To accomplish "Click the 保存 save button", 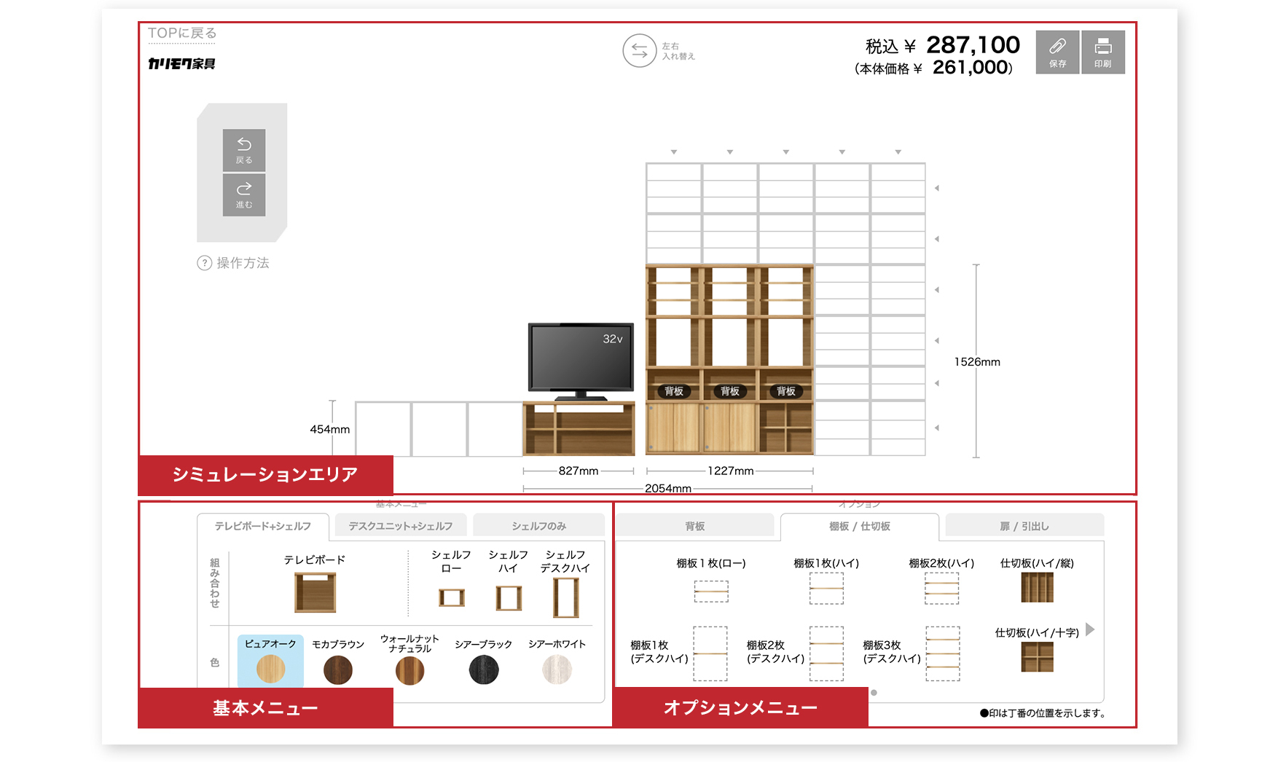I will pos(1057,52).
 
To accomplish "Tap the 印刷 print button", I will pos(1103,52).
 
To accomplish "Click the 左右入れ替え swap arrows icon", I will pos(640,51).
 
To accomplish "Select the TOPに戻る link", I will pos(182,34).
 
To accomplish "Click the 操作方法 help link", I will pos(234,263).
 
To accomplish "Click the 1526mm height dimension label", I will pos(977,362).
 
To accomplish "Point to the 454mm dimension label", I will pos(329,430).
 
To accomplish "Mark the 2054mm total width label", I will pos(667,488).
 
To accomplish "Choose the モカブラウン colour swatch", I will pos(338,669).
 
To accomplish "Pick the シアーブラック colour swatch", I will pos(484,669).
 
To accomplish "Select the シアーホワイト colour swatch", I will pos(557,669).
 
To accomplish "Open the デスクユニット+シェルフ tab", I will pos(401,526).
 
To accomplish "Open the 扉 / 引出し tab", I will pos(1024,526).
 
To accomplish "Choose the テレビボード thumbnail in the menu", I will pos(315,592).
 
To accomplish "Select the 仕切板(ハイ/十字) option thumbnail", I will pos(1038,657).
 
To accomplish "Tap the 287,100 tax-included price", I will pos(973,45).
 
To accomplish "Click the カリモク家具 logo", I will pos(182,64).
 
